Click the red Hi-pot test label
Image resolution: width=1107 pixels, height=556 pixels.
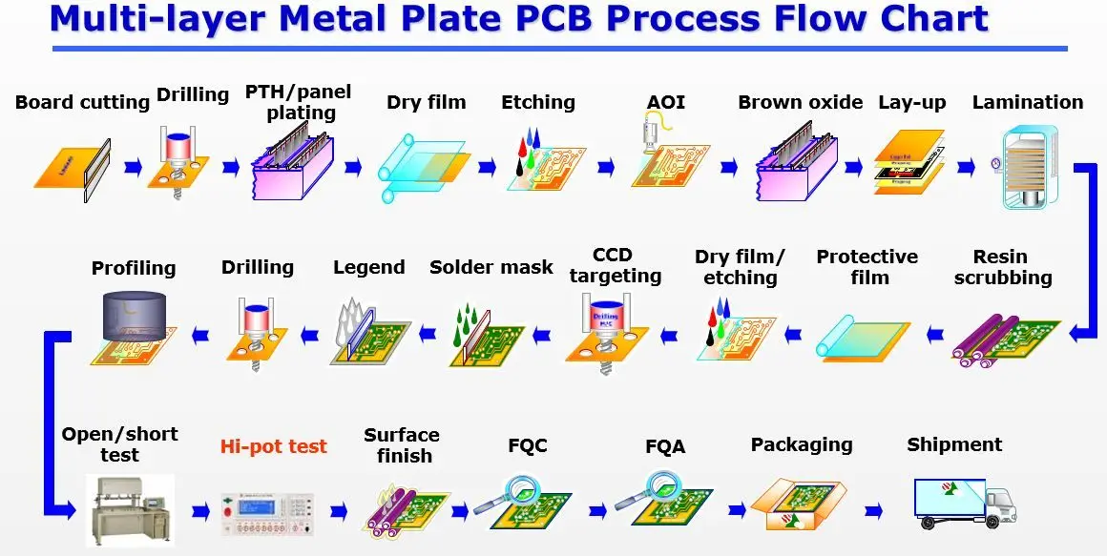click(x=273, y=446)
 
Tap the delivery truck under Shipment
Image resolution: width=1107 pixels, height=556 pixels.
click(x=964, y=503)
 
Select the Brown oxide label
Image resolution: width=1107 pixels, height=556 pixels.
click(x=800, y=102)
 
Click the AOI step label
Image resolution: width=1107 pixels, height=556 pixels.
click(x=665, y=102)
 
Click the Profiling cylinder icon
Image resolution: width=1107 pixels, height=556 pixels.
click(x=134, y=323)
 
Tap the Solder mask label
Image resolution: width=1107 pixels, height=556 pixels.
click(x=491, y=267)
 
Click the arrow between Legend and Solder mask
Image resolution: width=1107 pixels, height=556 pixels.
click(x=428, y=333)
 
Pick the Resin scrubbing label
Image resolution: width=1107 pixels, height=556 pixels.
click(x=1002, y=267)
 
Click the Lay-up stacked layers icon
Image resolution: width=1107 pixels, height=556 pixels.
click(x=909, y=163)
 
